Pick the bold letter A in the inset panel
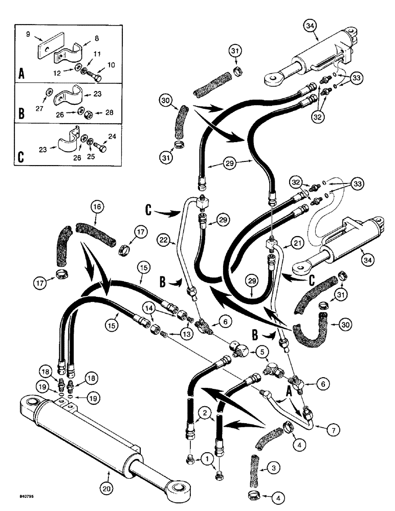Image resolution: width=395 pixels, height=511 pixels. coord(21,74)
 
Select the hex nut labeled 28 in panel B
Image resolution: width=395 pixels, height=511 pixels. coord(89,113)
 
